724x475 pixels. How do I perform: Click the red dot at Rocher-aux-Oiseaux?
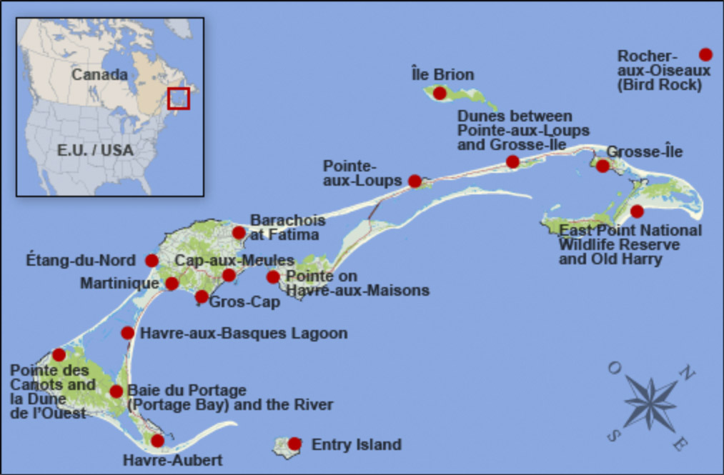click(705, 54)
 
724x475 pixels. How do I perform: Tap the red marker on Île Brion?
click(440, 93)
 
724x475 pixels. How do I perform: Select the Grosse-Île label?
click(644, 151)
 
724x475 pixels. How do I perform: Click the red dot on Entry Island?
click(294, 444)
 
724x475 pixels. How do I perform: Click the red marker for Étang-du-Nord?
click(152, 261)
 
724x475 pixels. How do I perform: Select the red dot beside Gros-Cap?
click(202, 296)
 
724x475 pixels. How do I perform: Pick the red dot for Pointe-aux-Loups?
click(415, 181)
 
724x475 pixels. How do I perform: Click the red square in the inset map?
click(178, 98)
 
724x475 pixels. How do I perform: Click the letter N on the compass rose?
click(685, 372)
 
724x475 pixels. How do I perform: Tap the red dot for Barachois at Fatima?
click(239, 233)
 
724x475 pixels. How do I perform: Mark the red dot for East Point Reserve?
click(637, 211)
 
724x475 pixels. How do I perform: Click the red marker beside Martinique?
click(172, 284)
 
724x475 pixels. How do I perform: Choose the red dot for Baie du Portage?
click(116, 391)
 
